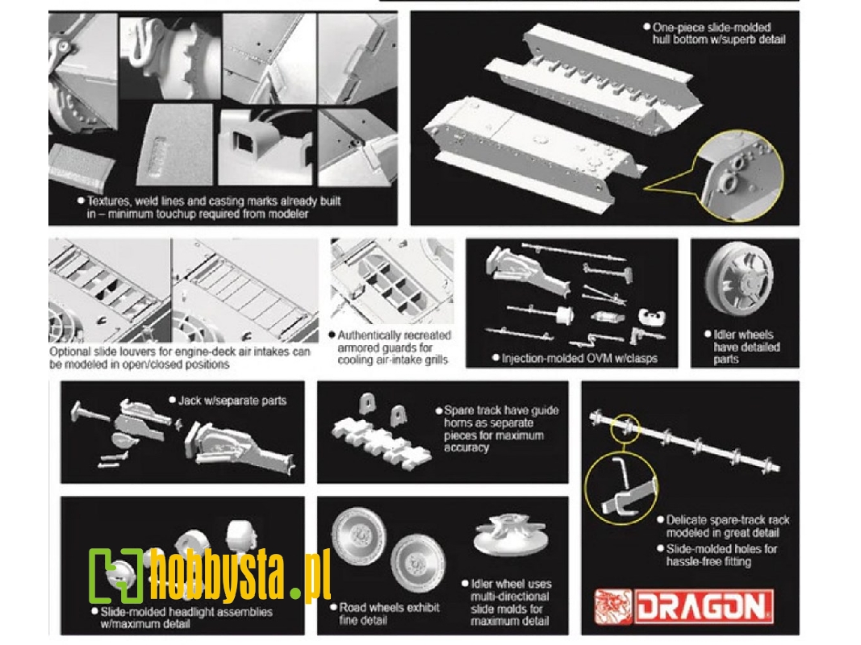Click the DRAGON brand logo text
tap(704, 606)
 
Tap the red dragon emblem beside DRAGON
tap(614, 606)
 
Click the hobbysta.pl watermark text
tap(240, 574)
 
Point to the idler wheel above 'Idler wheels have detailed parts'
tap(739, 279)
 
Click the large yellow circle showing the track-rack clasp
tap(621, 487)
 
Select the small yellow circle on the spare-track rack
tap(625, 428)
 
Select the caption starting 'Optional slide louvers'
tap(180, 358)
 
